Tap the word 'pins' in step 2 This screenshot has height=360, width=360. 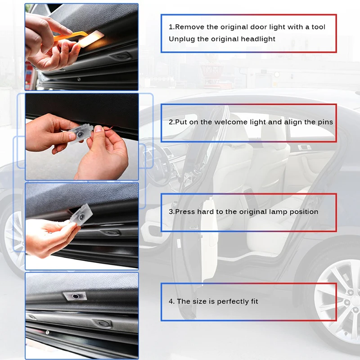pos(325,122)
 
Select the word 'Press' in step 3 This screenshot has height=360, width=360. pos(184,211)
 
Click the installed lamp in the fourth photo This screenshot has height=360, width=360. pos(73,296)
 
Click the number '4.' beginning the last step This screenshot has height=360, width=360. pos(172,301)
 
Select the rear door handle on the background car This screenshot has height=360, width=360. pos(304,147)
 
